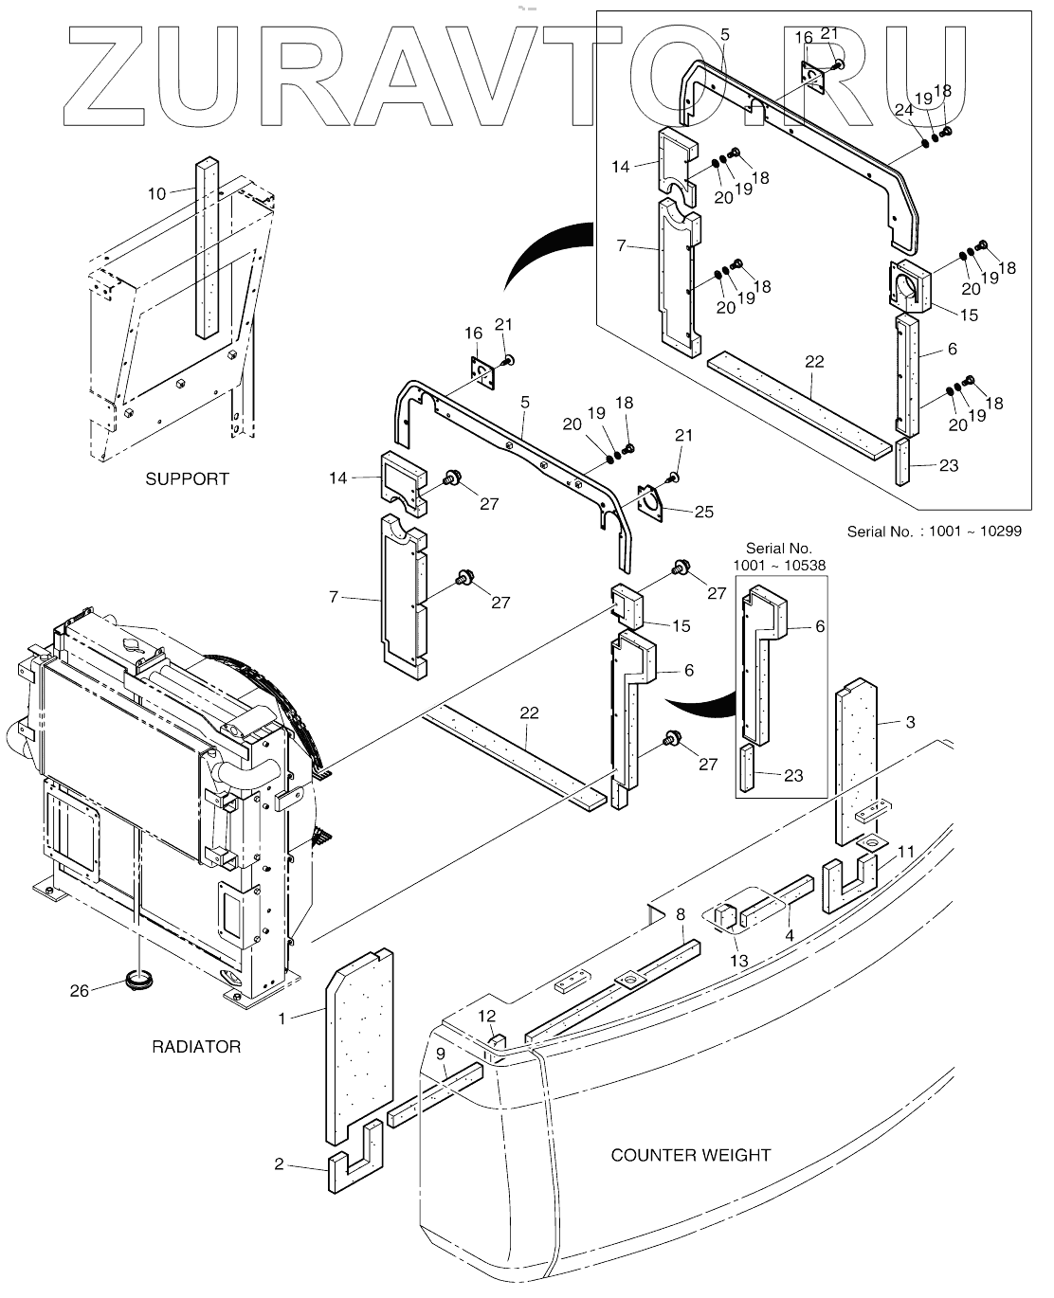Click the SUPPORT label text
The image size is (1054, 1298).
(187, 479)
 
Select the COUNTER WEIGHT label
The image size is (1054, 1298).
(691, 1155)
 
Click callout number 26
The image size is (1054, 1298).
(80, 991)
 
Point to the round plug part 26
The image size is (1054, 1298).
(139, 981)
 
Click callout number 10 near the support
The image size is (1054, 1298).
(156, 194)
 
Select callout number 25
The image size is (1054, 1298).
(704, 512)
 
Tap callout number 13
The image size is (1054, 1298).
(738, 961)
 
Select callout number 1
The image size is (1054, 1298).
(282, 1019)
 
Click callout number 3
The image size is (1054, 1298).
(910, 722)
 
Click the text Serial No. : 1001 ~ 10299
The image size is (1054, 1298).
(934, 532)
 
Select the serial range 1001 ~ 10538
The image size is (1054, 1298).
(779, 566)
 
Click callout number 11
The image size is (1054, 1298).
(906, 852)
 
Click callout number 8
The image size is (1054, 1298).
(681, 914)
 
